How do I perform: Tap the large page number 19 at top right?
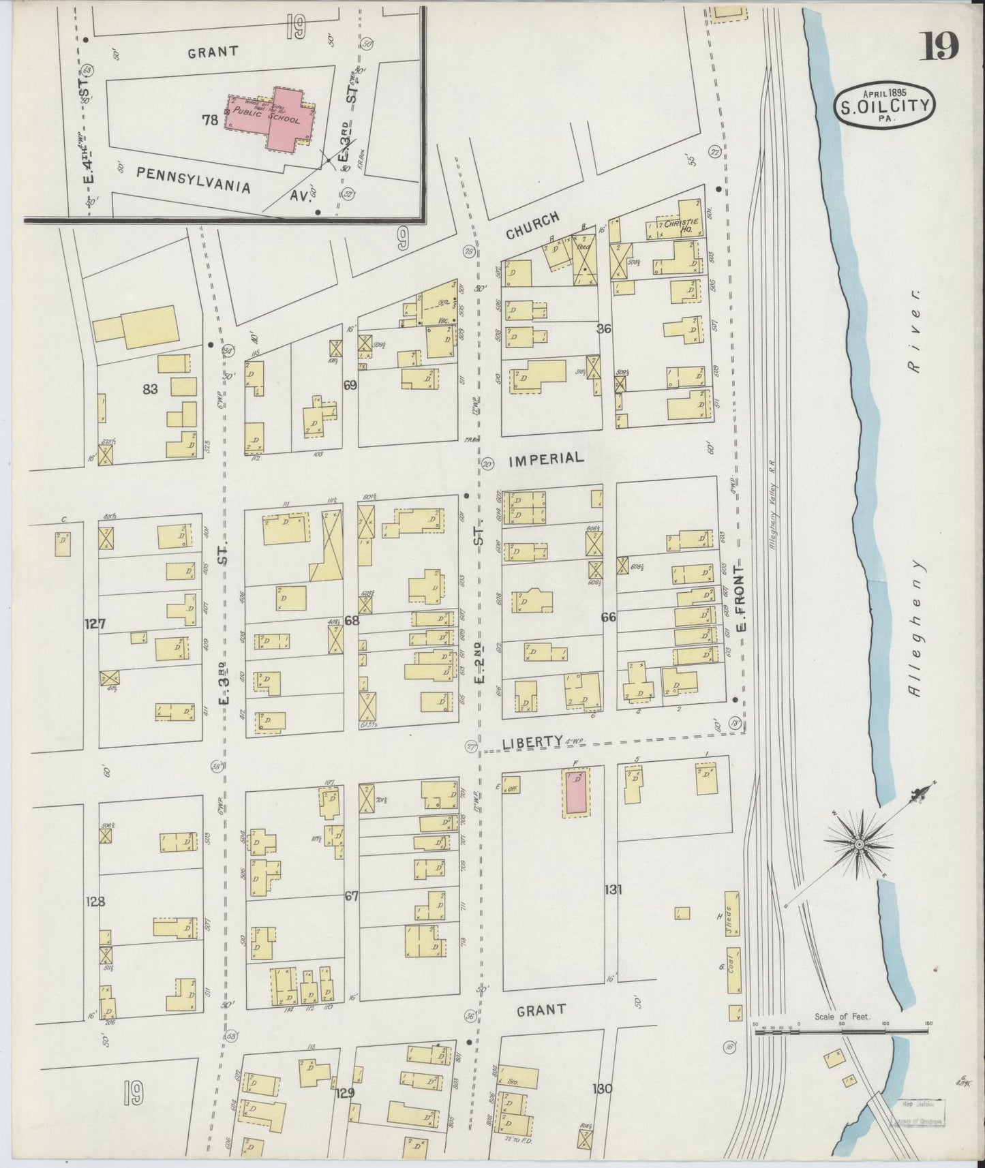pos(941,47)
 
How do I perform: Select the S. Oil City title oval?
pos(885,105)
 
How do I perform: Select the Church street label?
pos(532,226)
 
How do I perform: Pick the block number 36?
pos(604,329)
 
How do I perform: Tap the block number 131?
pos(613,889)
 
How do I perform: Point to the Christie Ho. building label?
pos(678,226)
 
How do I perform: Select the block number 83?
pos(151,390)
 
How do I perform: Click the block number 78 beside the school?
pos(209,121)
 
